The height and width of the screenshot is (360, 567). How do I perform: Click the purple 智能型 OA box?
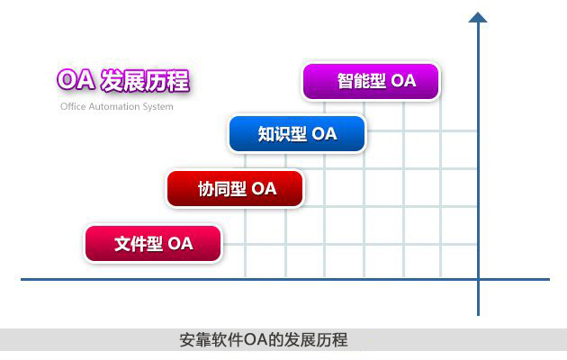(x=371, y=81)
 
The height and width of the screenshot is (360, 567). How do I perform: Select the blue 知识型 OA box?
(x=297, y=134)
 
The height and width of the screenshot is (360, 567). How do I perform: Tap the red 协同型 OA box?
(x=235, y=189)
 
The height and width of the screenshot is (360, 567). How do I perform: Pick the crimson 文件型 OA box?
(x=153, y=244)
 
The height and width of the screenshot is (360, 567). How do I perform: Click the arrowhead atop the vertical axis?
(x=478, y=17)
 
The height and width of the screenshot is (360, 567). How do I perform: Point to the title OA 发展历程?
(x=123, y=81)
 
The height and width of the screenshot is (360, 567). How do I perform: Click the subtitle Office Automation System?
(x=117, y=106)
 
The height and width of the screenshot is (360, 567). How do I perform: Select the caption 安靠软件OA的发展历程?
(x=264, y=340)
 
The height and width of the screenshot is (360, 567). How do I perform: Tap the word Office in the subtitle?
(x=74, y=106)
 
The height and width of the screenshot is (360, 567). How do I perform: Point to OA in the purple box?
(x=404, y=81)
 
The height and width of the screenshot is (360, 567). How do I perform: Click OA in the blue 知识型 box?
(x=324, y=134)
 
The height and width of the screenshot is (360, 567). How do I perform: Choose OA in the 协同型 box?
(x=264, y=189)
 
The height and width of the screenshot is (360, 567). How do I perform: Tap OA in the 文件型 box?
(x=180, y=244)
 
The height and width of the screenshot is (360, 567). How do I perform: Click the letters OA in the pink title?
(x=74, y=81)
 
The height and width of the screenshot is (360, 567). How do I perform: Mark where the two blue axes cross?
(x=478, y=279)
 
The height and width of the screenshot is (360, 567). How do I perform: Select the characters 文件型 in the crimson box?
(x=138, y=244)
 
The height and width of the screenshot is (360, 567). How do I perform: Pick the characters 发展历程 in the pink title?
(x=145, y=81)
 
